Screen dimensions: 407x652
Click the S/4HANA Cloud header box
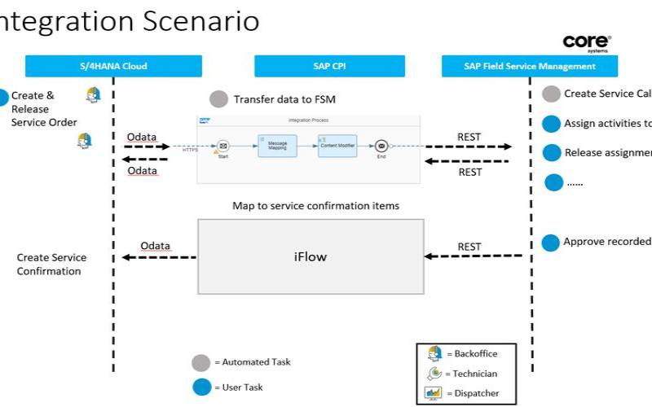(x=113, y=66)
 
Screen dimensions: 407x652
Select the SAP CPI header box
(x=329, y=66)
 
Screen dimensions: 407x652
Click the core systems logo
(x=586, y=43)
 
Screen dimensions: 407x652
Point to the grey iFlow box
(x=310, y=256)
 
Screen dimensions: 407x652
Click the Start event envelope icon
(x=222, y=147)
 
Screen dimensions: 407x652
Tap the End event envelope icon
(x=381, y=147)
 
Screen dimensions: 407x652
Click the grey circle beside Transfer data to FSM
(x=218, y=99)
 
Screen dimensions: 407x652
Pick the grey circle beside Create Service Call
(x=552, y=94)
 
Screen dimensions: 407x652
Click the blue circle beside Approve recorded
(x=551, y=243)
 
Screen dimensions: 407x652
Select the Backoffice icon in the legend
(x=434, y=354)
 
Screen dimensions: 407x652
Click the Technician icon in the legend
(x=434, y=374)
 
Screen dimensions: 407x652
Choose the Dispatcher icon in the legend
(x=434, y=393)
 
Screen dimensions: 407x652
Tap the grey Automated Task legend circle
(x=200, y=363)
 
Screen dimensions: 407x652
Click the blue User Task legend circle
(x=200, y=387)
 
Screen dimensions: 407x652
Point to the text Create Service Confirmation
(x=51, y=265)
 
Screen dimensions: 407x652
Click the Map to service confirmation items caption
(x=316, y=206)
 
